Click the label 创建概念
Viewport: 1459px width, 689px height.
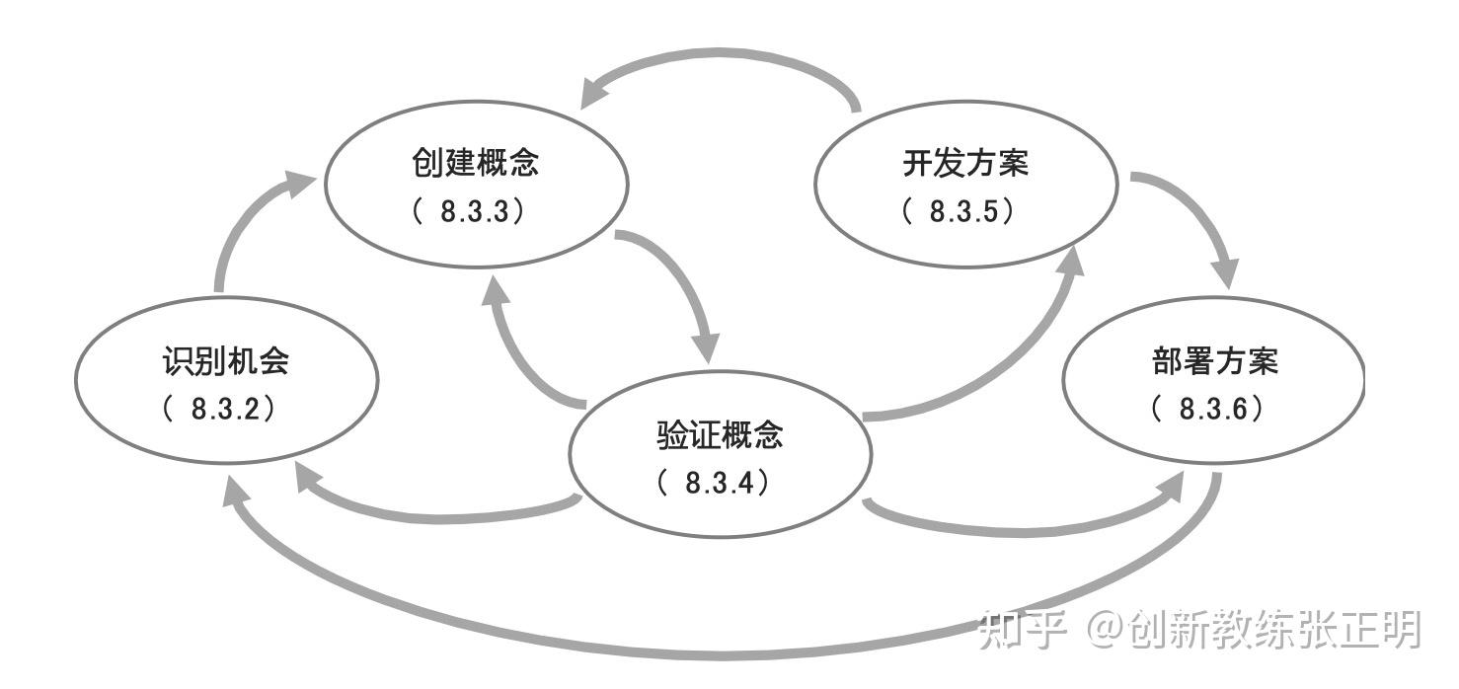pos(476,163)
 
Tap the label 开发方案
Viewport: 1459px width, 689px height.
pos(965,163)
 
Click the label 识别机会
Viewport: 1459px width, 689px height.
pos(226,361)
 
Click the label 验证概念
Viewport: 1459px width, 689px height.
pos(720,434)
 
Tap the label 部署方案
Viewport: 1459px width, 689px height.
pos(1214,361)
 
